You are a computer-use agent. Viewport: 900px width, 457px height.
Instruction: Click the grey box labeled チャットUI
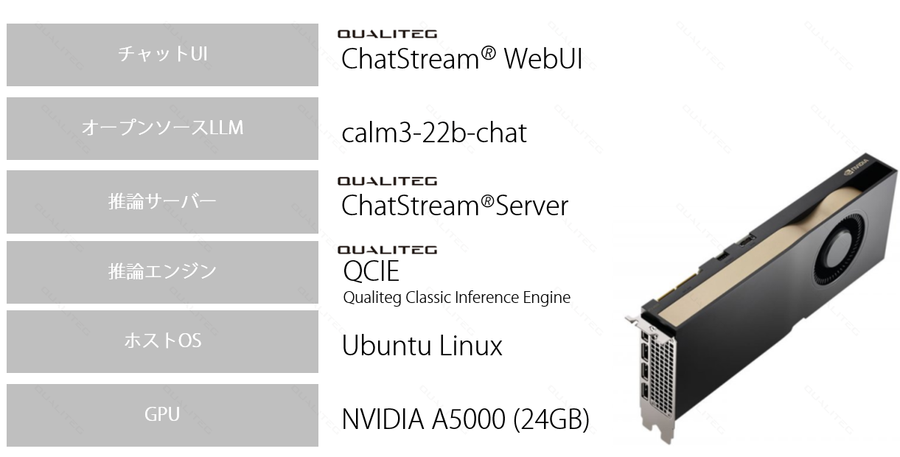click(162, 55)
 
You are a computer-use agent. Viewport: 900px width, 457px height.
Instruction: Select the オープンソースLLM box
click(162, 128)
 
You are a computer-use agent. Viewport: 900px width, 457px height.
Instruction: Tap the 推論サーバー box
click(162, 201)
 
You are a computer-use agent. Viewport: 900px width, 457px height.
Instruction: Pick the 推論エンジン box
click(162, 272)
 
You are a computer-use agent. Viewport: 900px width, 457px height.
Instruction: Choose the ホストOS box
click(162, 341)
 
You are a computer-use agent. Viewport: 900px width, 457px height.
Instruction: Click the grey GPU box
click(162, 415)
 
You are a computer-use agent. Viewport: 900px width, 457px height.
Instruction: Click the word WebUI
click(543, 59)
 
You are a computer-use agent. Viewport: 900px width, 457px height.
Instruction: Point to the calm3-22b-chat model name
click(434, 133)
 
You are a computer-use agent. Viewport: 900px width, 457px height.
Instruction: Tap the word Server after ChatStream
click(531, 206)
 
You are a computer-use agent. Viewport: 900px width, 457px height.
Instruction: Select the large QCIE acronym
click(371, 271)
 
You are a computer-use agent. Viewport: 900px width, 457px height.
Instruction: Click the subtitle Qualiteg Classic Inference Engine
click(456, 298)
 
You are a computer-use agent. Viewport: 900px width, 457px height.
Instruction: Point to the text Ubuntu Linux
click(422, 345)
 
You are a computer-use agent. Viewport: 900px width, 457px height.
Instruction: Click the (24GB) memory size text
click(551, 419)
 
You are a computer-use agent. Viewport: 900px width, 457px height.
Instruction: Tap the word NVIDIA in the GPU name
click(383, 419)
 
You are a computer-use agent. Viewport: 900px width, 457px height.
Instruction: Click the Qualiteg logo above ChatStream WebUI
click(387, 34)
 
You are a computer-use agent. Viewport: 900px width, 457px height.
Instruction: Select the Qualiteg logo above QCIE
click(387, 250)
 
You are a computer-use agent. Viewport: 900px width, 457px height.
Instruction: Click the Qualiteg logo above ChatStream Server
click(387, 181)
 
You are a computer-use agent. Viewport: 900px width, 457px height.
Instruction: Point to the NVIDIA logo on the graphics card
click(857, 167)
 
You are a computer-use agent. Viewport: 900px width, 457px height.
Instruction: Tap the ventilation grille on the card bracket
click(663, 374)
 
